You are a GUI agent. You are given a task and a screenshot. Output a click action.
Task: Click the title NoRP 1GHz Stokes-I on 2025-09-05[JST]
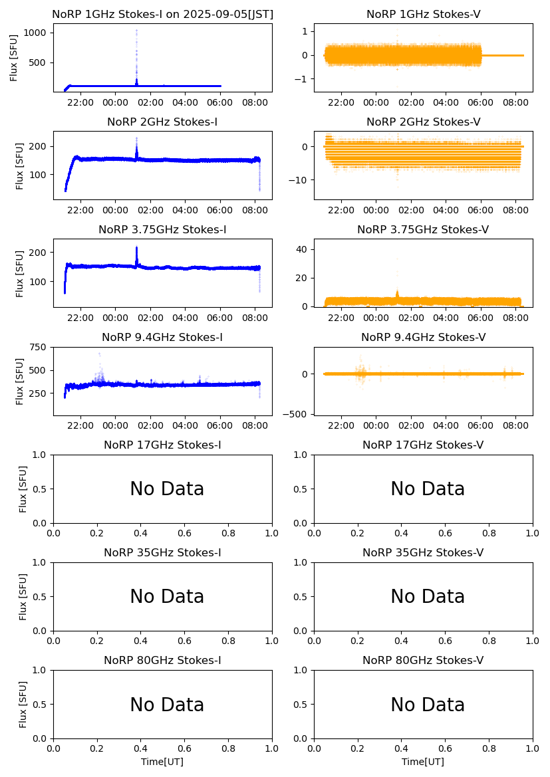[162, 15]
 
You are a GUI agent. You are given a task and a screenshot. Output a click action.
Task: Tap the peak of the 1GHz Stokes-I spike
[136, 31]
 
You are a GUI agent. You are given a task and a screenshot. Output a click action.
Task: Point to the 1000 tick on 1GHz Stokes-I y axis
[37, 33]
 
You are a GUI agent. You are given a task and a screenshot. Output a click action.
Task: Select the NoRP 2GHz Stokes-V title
[423, 122]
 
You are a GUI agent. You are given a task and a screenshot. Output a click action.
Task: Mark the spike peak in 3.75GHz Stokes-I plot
[136, 247]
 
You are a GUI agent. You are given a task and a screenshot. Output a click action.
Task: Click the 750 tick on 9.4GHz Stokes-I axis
[39, 347]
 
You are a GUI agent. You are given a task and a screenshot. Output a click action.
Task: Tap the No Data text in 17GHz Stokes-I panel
[167, 489]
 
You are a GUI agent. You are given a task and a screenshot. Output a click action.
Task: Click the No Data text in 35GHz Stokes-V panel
[428, 597]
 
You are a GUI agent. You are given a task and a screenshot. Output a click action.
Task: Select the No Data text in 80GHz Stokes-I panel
[167, 705]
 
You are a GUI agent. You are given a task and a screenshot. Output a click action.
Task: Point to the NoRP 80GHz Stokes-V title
[423, 661]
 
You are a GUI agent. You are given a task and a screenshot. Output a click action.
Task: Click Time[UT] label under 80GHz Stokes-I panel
[162, 762]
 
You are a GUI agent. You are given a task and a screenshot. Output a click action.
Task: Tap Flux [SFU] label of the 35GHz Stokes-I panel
[23, 596]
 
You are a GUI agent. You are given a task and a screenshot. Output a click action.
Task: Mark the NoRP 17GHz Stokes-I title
[162, 445]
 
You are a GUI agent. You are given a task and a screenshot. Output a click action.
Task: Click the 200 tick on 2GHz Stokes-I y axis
[39, 146]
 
